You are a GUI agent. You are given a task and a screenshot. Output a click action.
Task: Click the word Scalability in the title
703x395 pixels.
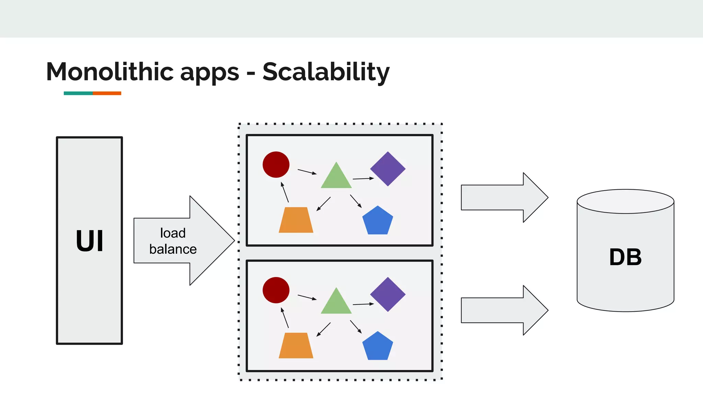coord(326,72)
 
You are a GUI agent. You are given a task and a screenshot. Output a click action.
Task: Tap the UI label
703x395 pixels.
coord(89,241)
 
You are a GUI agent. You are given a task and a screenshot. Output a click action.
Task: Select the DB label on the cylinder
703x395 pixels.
coord(625,257)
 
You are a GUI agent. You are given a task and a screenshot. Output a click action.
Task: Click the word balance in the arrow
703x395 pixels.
coord(173,249)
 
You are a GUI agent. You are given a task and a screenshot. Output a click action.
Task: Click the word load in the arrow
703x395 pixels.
coord(173,233)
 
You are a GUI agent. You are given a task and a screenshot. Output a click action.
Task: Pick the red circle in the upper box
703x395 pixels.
coord(276,165)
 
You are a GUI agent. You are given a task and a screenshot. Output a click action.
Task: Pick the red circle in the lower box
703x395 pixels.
coord(276,290)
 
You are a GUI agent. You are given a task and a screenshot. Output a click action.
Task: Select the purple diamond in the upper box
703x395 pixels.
coord(388,169)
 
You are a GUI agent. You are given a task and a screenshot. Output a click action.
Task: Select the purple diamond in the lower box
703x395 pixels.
coord(388,294)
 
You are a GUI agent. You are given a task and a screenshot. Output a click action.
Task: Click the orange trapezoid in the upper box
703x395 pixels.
coord(296,220)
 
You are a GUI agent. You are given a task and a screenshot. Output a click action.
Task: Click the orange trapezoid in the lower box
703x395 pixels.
coord(296,346)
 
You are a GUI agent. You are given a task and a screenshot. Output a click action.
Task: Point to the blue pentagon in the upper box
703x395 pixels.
coord(378,221)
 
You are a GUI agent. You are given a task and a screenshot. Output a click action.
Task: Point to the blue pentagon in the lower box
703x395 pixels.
coord(378,347)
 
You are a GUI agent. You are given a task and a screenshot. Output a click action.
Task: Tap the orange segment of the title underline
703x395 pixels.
coord(107,93)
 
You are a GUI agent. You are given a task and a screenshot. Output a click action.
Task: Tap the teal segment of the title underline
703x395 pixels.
coord(78,93)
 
